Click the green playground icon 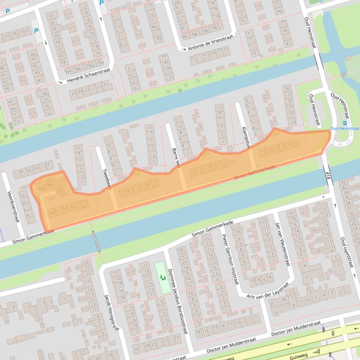click(163, 278)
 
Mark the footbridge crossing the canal click(96, 241)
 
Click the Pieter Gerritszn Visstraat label click(229, 259)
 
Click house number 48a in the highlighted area click(42, 188)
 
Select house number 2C click(272, 303)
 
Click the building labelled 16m click(69, 71)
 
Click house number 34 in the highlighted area click(127, 191)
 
